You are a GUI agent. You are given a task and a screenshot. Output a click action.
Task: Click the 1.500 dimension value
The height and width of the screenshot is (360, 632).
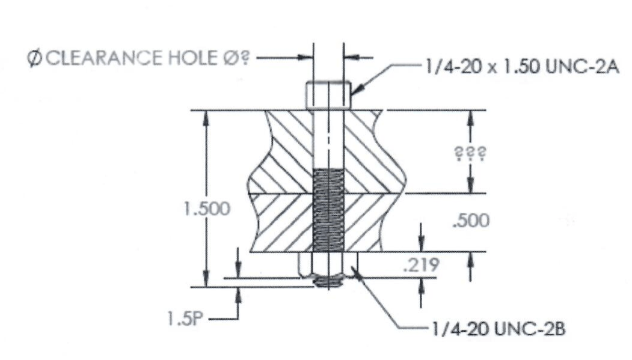tap(207, 209)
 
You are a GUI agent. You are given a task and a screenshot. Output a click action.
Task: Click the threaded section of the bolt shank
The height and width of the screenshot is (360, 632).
tap(328, 210)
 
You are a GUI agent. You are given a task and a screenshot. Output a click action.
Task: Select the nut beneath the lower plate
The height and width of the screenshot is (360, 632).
tap(328, 264)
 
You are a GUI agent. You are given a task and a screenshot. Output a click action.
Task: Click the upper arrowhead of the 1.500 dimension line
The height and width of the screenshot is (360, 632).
tap(207, 117)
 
